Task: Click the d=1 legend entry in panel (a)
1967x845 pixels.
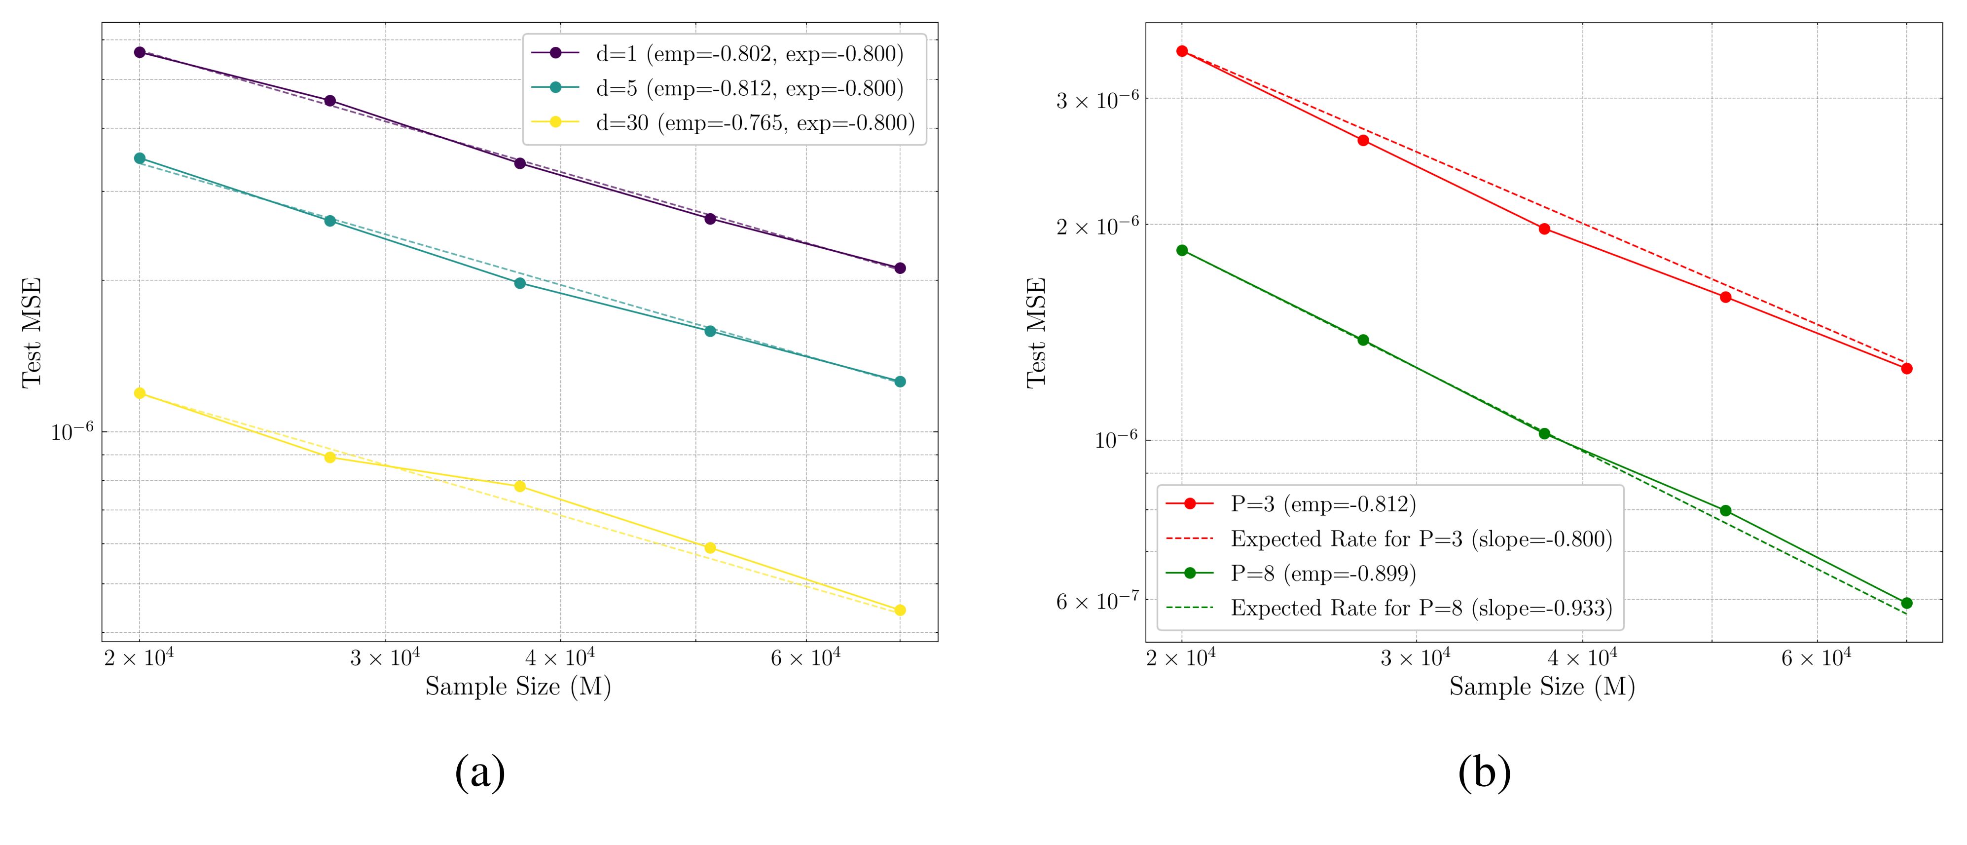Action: [748, 53]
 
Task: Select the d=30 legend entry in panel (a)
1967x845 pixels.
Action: [755, 122]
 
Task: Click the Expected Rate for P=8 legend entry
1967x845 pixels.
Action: [1421, 608]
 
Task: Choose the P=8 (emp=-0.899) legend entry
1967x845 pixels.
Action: [1322, 573]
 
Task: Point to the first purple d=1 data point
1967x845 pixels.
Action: [140, 52]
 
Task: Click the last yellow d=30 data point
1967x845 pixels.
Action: [900, 610]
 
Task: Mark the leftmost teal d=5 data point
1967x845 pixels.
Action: [140, 158]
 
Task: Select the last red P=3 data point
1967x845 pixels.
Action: [1907, 368]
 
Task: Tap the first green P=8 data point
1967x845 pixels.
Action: [1182, 250]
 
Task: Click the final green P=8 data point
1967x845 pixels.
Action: [1907, 603]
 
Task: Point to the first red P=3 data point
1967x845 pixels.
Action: [1182, 51]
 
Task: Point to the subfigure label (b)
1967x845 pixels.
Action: [1484, 772]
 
